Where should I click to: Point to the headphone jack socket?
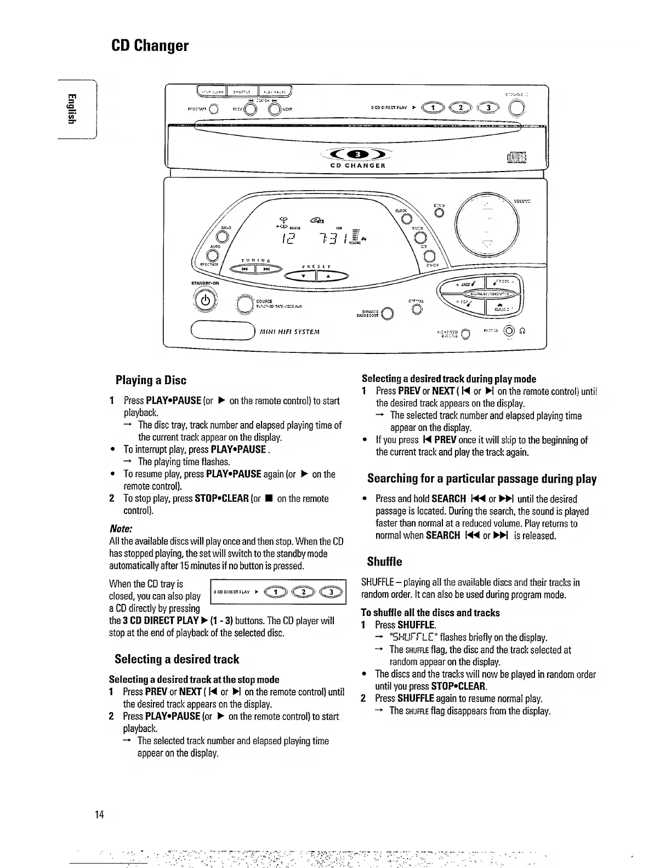click(x=510, y=330)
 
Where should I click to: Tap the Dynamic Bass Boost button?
click(x=388, y=313)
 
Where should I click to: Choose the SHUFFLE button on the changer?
click(x=242, y=92)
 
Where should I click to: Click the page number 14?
click(x=98, y=813)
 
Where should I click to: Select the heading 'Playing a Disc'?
click(x=151, y=380)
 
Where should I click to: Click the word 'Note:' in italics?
click(x=121, y=529)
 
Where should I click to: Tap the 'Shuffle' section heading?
click(x=384, y=561)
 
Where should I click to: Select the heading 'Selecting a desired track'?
click(x=177, y=659)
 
